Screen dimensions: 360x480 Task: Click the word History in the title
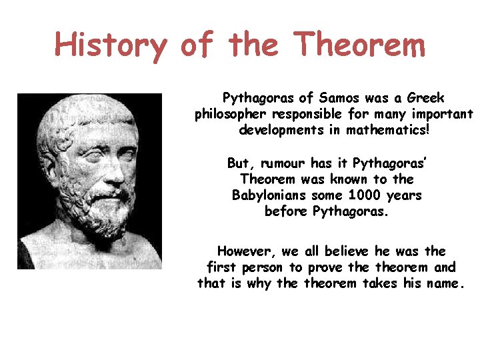[111, 45]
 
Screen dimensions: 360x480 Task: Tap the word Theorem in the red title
[359, 45]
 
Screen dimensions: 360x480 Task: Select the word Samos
[344, 98]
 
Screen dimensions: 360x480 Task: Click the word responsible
[311, 114]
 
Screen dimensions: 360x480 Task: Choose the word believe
[351, 251]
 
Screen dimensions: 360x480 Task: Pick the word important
[445, 114]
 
